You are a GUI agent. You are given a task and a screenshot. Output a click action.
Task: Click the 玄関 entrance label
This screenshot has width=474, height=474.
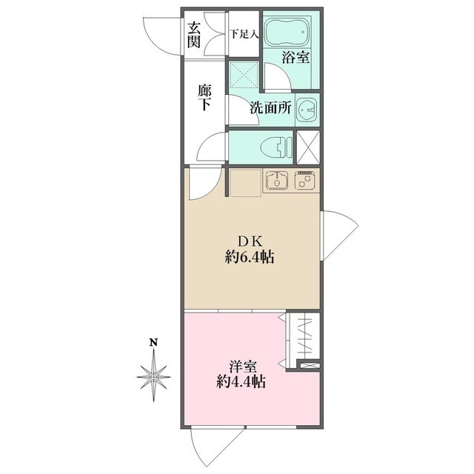(194, 35)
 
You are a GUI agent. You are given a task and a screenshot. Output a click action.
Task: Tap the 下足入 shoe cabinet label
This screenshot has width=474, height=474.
(244, 34)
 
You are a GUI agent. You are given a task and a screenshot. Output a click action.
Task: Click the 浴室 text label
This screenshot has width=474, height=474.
(296, 57)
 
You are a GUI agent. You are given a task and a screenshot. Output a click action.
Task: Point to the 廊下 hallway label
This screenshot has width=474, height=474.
(204, 97)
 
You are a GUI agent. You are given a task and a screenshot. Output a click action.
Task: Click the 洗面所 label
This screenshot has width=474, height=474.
(270, 108)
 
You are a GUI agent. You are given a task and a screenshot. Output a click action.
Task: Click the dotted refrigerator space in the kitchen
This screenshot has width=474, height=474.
(245, 183)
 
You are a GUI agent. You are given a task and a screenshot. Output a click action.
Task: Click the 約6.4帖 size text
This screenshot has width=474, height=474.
(250, 258)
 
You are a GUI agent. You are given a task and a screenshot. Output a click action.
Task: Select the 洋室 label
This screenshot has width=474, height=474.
(243, 367)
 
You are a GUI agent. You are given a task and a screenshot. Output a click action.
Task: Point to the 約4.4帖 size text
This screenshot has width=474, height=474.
(241, 383)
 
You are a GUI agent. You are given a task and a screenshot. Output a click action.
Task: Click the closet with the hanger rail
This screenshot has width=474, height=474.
(303, 338)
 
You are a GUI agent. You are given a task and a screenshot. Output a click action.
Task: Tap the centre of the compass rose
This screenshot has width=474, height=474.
(154, 377)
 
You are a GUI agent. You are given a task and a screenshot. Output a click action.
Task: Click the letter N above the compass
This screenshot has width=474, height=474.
(154, 343)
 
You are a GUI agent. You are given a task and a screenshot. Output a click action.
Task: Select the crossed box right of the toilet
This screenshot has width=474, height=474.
(308, 147)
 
